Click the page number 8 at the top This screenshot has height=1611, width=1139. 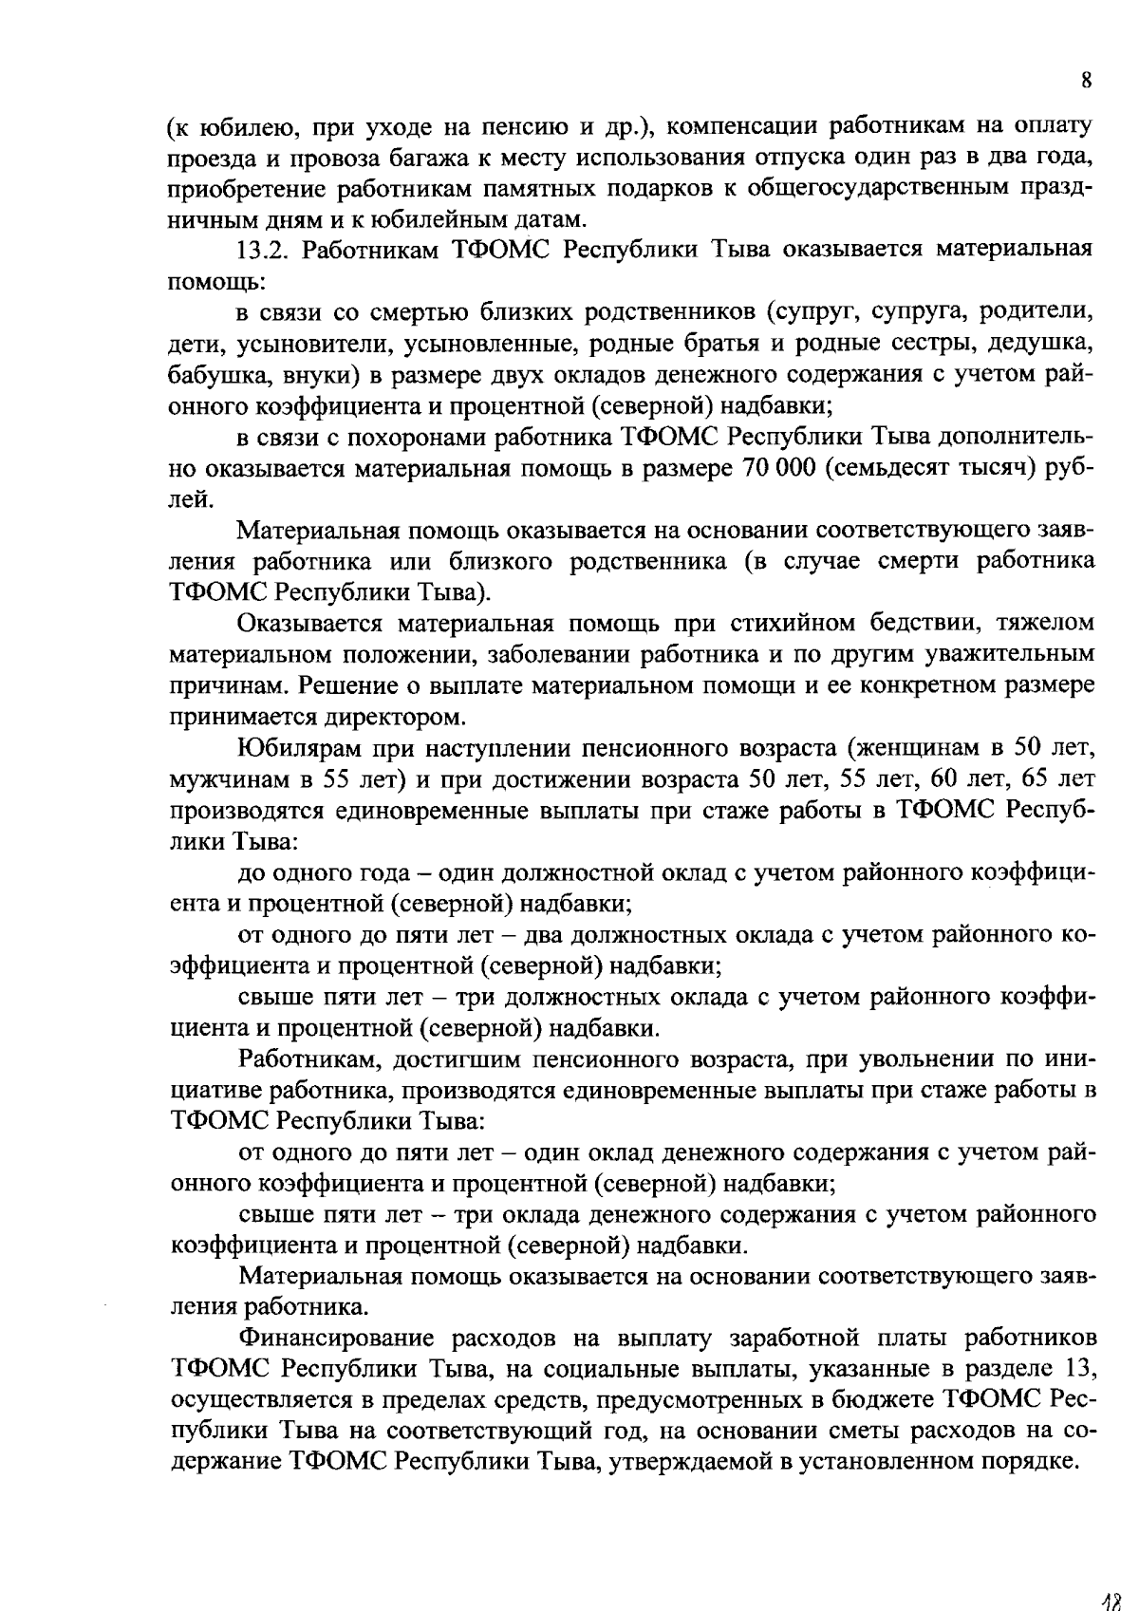[x=1085, y=81]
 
